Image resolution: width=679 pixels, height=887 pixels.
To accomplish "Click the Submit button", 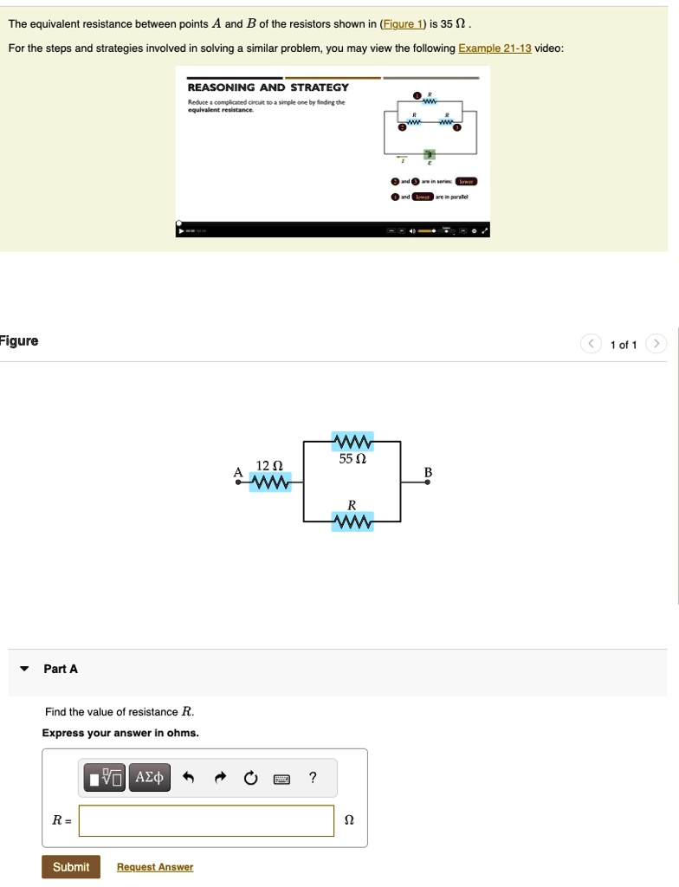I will [x=71, y=867].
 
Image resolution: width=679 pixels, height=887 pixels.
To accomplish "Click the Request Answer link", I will [x=155, y=867].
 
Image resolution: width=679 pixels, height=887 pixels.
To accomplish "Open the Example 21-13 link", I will [x=495, y=49].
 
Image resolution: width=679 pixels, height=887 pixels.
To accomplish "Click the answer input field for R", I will [x=206, y=821].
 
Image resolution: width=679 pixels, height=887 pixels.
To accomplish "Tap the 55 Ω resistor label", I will [x=352, y=460].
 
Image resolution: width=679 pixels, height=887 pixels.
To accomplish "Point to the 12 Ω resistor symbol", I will [x=270, y=482].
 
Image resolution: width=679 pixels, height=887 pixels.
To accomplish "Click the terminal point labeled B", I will [x=427, y=482].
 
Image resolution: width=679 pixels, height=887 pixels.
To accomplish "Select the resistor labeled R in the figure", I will [x=352, y=521].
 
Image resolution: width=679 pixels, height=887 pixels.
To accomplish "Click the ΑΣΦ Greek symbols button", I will [x=150, y=778].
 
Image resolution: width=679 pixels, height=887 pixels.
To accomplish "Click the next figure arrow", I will [x=657, y=345].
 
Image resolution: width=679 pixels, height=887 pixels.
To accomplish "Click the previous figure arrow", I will [x=591, y=345].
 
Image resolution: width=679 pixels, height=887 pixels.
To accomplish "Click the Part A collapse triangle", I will [x=25, y=669].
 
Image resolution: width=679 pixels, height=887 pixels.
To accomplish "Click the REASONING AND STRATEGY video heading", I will [x=268, y=87].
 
